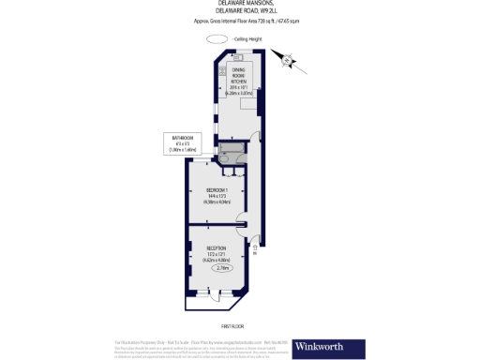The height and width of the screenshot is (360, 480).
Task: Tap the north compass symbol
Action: tap(291, 62)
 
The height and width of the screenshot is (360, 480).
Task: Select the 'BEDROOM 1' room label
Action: tap(218, 190)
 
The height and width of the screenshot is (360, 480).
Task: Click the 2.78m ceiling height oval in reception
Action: tap(223, 268)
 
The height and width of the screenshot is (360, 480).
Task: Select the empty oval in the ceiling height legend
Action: tap(217, 38)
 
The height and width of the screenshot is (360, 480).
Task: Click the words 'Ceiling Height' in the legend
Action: tap(249, 38)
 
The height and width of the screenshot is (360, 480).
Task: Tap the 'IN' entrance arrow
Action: tap(256, 249)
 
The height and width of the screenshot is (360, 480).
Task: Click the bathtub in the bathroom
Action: tap(231, 148)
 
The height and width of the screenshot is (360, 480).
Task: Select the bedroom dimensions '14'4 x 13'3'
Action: tap(218, 196)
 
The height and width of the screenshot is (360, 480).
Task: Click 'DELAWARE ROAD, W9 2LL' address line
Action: tap(240, 13)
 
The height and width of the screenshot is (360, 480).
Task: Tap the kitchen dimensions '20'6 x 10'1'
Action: tap(240, 89)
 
